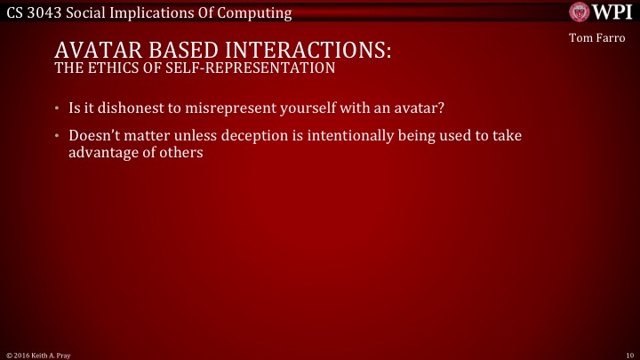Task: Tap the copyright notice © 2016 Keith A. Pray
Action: pos(38,354)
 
